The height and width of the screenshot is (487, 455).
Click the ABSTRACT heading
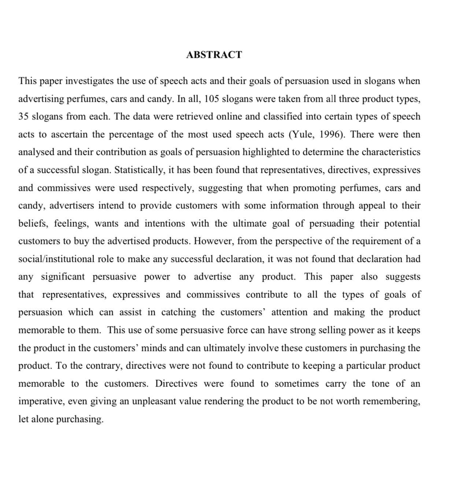(x=214, y=55)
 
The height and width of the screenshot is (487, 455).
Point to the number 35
(x=24, y=117)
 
